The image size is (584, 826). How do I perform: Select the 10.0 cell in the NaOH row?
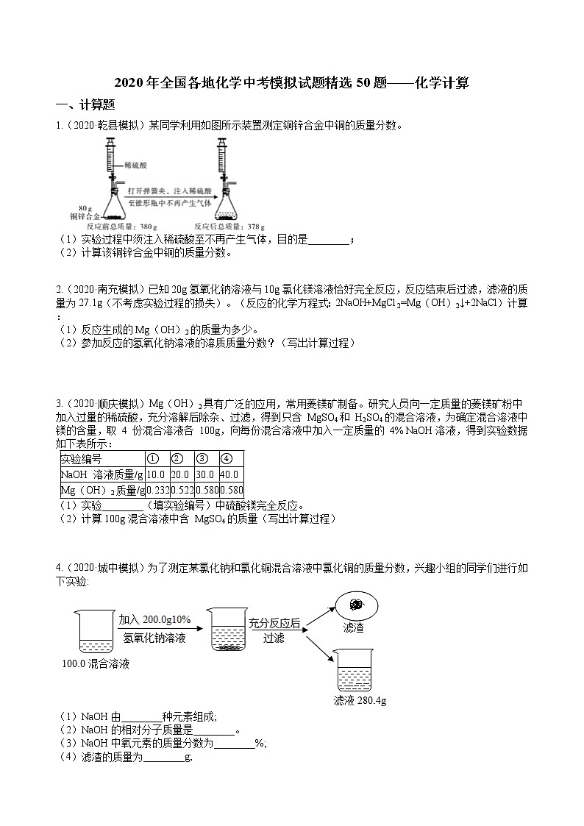tap(157, 474)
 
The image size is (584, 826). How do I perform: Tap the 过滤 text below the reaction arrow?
tap(274, 638)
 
